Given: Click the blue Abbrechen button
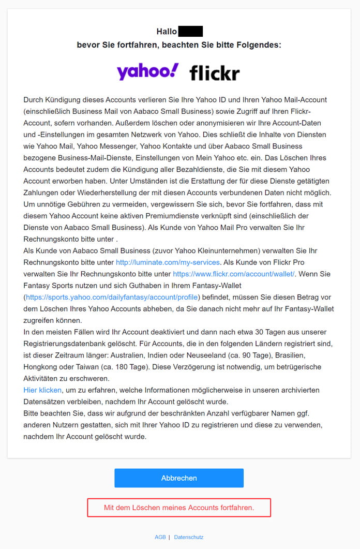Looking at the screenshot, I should coord(179,478).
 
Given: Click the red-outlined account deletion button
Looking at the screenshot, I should coord(179,508).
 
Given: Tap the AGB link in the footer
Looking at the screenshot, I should coord(160,537).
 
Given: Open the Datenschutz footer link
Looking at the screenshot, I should coord(189,537).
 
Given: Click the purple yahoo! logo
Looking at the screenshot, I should coord(148,72).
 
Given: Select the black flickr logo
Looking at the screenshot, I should coord(214,73).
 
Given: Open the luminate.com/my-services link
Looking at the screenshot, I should coord(168,262).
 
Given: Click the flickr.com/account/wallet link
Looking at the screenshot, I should coord(234,273).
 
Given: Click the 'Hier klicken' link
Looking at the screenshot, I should coord(42,390).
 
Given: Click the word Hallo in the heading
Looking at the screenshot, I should coord(167,32).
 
